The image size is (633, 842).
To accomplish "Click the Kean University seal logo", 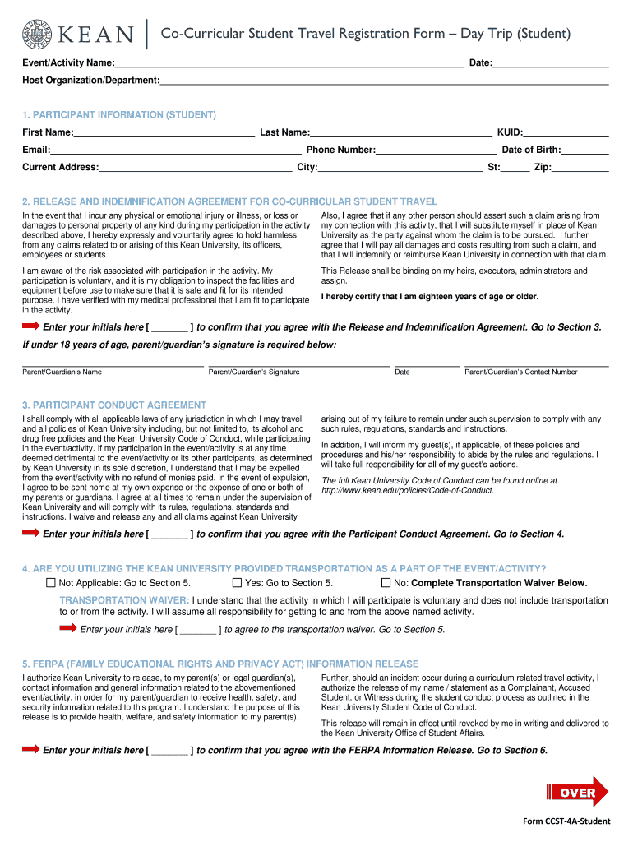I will pos(38,34).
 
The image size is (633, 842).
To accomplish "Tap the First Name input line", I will pos(164,132).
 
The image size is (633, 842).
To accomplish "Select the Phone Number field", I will pos(436,150).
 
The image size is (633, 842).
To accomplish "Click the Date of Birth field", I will pos(584,150).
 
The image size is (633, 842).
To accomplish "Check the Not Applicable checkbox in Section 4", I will pos(51,583).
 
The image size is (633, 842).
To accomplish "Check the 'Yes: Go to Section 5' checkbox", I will pos(237,583).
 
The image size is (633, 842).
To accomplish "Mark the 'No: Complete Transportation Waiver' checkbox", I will pos(386,583).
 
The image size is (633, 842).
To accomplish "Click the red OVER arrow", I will pos(578,793).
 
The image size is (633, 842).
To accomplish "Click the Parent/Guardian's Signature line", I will pos(298,362).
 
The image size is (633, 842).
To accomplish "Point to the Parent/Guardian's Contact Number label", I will pos(520,372).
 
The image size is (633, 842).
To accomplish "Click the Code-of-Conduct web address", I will pos(408,490).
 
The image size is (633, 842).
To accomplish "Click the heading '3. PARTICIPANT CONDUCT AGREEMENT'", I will pos(114,405).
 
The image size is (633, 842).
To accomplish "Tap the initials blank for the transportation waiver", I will pos(198,630).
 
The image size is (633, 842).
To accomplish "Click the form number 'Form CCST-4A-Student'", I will pos(566,822).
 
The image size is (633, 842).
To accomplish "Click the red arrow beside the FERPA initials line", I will pos(30,749).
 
